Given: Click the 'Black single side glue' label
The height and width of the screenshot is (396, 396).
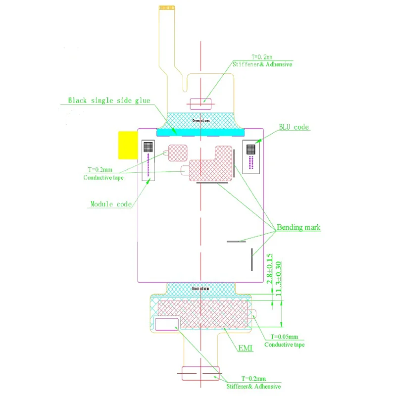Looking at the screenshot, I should (x=109, y=100).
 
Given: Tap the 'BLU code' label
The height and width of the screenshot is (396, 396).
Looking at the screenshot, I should (x=294, y=127).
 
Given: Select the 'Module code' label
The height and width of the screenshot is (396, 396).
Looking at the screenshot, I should (x=111, y=204).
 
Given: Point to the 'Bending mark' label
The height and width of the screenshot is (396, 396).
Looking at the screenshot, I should (x=298, y=228).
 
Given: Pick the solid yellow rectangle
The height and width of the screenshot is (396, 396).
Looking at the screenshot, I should (x=127, y=145).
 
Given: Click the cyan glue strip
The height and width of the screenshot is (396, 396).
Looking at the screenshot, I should (x=201, y=132).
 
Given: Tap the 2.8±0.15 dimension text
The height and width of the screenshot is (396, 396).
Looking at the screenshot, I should (x=270, y=268).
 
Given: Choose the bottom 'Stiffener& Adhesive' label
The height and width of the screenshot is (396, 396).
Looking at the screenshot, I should (x=253, y=386).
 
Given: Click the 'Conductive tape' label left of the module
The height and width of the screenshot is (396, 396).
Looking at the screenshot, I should (x=103, y=178).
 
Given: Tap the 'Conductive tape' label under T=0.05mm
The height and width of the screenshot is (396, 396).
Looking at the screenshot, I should (x=284, y=345).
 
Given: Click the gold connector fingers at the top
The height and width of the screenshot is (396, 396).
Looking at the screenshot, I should (x=168, y=8).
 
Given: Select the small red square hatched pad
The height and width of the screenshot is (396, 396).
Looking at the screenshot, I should (x=177, y=152).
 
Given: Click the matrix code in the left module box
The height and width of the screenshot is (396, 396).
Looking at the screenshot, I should (x=148, y=147).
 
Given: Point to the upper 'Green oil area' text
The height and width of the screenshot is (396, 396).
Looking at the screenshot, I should (x=201, y=120).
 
